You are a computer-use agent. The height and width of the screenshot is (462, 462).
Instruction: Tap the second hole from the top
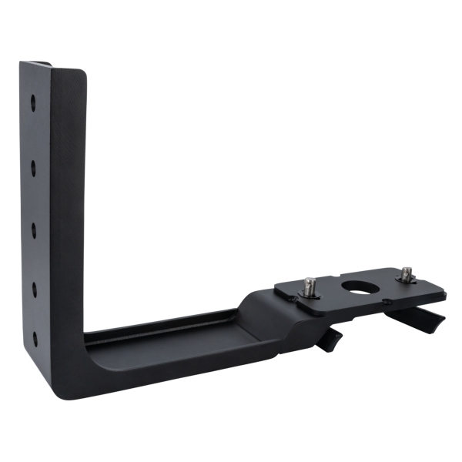[x=33, y=163]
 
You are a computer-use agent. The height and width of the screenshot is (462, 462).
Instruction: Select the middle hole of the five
[x=33, y=226]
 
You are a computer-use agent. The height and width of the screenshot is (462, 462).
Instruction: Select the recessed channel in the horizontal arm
[x=169, y=339]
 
